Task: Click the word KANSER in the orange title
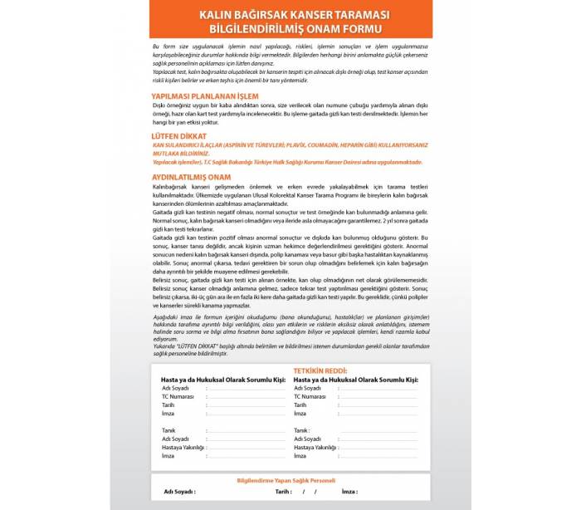[316, 16]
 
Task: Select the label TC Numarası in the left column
[178, 396]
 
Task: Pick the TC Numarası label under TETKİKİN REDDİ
[310, 396]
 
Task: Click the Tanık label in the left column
[168, 430]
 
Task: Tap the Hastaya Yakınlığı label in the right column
[315, 447]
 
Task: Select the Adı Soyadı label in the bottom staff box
[179, 492]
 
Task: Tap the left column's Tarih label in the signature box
[168, 405]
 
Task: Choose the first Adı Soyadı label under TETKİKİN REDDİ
[307, 388]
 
